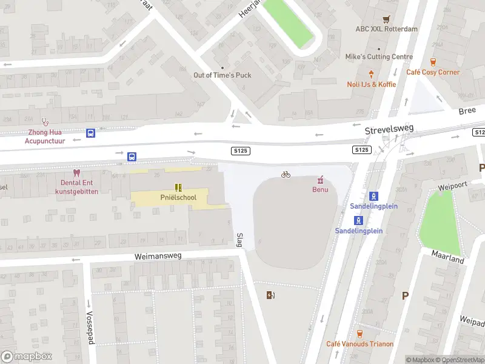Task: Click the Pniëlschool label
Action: pos(178,198)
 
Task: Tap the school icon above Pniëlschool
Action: pos(178,187)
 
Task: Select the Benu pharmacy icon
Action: pos(320,179)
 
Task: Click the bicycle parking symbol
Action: pos(286,175)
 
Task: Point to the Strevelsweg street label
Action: pos(389,129)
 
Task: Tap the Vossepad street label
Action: pos(90,328)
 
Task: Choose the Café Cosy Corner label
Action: pos(433,72)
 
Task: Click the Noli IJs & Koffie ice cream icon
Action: pos(371,74)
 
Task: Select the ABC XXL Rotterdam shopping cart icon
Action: pos(387,19)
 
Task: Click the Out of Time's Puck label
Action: pos(222,75)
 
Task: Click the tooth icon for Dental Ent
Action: pos(76,173)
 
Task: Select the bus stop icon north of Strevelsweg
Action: pos(90,133)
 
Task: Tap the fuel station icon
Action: pos(270,295)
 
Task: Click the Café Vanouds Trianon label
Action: pos(360,344)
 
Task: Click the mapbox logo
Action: pos(25,357)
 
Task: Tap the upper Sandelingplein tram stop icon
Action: pos(374,196)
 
